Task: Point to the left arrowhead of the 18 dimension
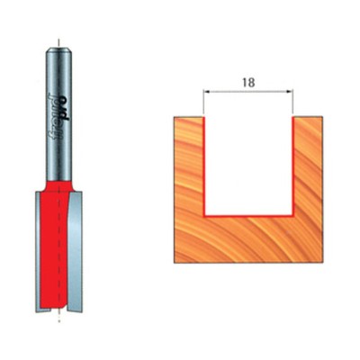point(207,91)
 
